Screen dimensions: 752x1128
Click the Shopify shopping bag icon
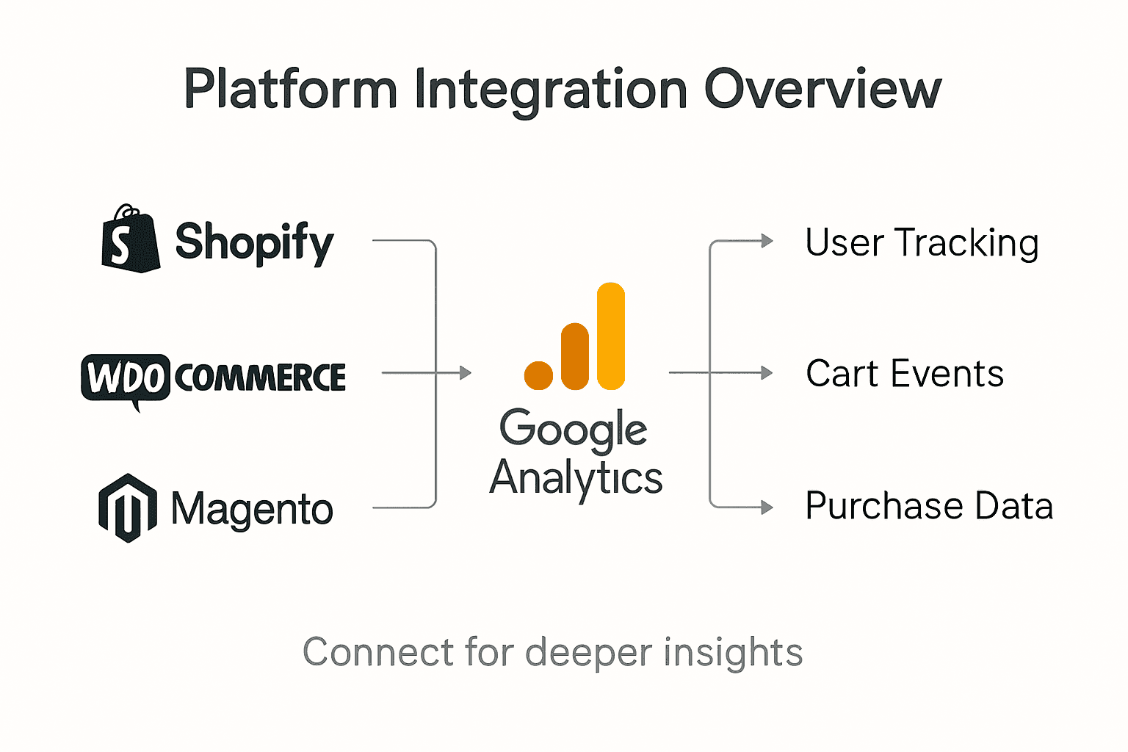131,241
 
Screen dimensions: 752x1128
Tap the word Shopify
254,242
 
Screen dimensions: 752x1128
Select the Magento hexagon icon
128,508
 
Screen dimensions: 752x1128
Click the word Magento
252,509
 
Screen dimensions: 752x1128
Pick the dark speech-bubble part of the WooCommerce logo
125,377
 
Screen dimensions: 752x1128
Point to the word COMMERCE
260,378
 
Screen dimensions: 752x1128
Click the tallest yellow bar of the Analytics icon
611,336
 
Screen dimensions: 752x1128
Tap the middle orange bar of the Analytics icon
574,356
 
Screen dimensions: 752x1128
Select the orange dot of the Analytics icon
538,375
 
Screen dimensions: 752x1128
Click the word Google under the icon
574,428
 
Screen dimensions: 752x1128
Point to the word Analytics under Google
576,478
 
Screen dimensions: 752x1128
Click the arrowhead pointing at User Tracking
767,241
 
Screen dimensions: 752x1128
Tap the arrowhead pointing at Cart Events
767,373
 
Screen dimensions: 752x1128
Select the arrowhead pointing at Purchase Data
767,507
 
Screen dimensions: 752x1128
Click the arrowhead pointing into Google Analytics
465,373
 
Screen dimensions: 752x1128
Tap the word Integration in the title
551,90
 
